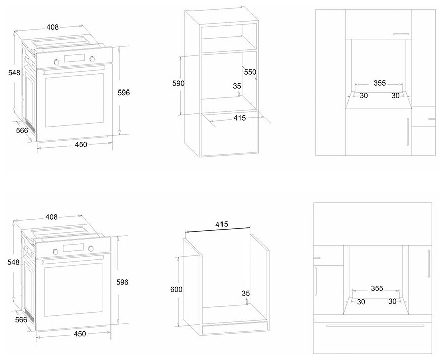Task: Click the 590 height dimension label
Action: click(x=179, y=83)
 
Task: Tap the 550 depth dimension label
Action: click(x=250, y=72)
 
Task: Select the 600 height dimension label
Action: click(x=176, y=289)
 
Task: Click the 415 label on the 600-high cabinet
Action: click(x=221, y=225)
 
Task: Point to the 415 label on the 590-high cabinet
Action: click(x=239, y=118)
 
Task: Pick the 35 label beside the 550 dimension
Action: click(x=237, y=86)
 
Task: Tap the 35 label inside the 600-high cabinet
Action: click(x=245, y=293)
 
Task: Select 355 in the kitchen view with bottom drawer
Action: click(x=377, y=289)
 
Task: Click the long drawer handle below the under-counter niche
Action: click(x=372, y=326)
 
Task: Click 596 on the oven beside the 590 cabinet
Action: click(x=124, y=93)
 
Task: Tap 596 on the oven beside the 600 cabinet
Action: click(x=122, y=282)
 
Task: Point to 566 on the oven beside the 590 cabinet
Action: click(x=21, y=131)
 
